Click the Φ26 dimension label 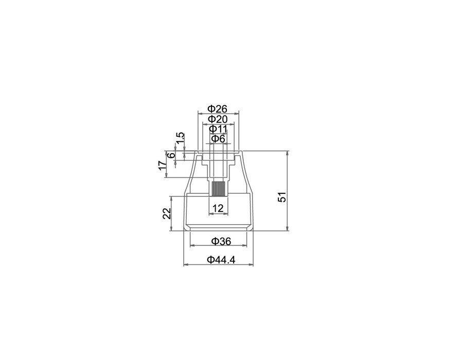pos(218,109)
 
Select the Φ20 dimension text pos(218,119)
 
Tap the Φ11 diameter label pos(218,129)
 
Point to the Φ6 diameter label pos(219,139)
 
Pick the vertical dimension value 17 pos(163,166)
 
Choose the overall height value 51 pos(282,197)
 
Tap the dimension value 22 pos(167,213)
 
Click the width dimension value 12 pos(218,208)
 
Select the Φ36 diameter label pos(221,241)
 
